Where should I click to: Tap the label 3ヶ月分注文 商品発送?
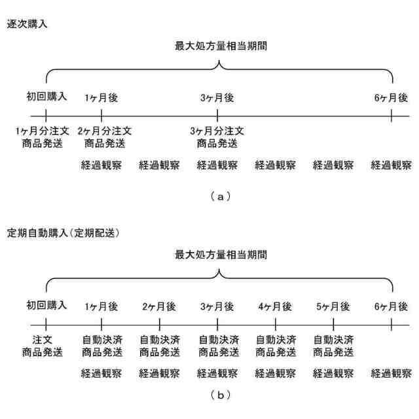217,137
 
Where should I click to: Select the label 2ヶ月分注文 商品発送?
101,137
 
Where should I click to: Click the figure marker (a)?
218,194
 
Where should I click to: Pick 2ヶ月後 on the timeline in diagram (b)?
159,306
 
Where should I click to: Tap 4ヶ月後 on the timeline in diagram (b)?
275,306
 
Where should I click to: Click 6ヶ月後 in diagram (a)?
391,98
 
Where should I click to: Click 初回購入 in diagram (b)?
46,306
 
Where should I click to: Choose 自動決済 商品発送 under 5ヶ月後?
333,346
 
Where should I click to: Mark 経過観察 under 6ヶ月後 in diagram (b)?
391,374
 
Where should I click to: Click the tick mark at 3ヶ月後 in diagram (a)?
217,117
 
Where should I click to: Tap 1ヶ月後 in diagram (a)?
101,98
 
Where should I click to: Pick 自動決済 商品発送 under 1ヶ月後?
101,346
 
